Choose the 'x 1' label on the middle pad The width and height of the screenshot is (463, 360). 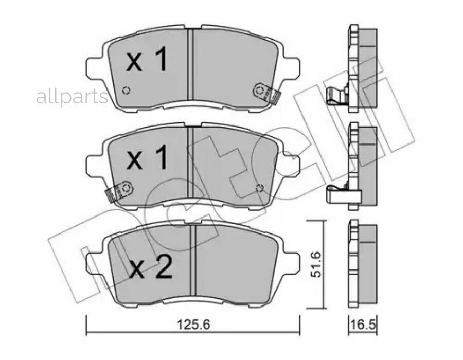(x=147, y=158)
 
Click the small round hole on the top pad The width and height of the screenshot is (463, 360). (x=126, y=91)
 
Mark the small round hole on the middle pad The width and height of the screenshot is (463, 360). (x=260, y=188)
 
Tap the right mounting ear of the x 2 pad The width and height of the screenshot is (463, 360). (x=291, y=261)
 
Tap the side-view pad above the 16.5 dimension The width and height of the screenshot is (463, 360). (x=362, y=265)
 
